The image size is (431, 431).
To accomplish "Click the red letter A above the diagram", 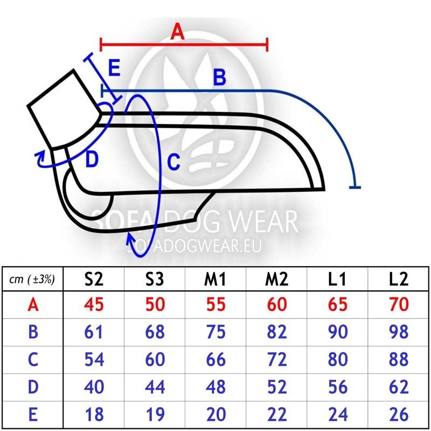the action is pyautogui.click(x=177, y=31).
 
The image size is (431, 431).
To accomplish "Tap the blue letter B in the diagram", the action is pyautogui.click(x=220, y=77).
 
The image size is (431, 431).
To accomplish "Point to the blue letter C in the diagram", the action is pyautogui.click(x=173, y=162).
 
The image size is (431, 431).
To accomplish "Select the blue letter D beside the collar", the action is pyautogui.click(x=92, y=159).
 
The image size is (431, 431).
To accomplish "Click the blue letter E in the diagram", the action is pyautogui.click(x=114, y=68).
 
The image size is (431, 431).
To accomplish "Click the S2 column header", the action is pyautogui.click(x=94, y=279).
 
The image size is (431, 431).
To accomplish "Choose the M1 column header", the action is pyautogui.click(x=215, y=279).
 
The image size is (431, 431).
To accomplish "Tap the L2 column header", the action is pyautogui.click(x=399, y=279).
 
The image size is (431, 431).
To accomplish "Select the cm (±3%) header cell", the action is pyautogui.click(x=32, y=279).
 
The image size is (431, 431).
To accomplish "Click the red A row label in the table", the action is pyautogui.click(x=33, y=304).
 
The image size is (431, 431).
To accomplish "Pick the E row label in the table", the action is pyautogui.click(x=33, y=414).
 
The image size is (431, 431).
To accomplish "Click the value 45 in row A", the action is pyautogui.click(x=94, y=304).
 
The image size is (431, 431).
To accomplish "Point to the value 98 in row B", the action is pyautogui.click(x=399, y=332).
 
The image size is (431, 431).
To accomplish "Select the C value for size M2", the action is pyautogui.click(x=277, y=359).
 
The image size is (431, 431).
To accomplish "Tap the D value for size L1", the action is pyautogui.click(x=338, y=387).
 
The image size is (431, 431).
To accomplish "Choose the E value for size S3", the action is pyautogui.click(x=155, y=414).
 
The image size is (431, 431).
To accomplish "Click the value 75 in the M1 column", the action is pyautogui.click(x=216, y=332).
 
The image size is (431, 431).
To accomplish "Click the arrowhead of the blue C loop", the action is pyautogui.click(x=130, y=238).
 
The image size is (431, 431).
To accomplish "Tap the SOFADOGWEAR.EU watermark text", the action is pyautogui.click(x=194, y=246).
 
